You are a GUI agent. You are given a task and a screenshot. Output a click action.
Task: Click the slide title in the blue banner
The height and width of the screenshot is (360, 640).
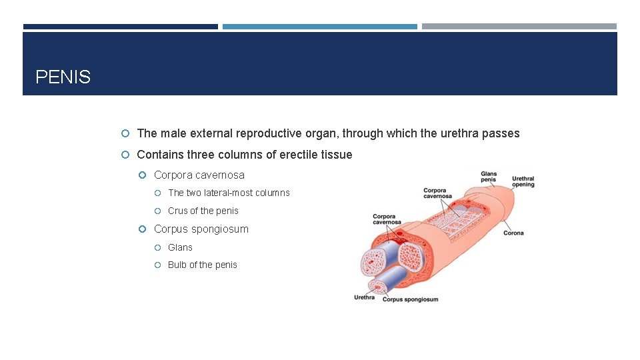coord(63,77)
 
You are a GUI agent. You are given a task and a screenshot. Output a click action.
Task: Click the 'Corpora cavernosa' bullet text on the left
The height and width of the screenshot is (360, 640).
coord(199,175)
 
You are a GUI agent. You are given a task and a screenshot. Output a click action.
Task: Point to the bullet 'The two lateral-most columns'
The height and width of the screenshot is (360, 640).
coord(229,193)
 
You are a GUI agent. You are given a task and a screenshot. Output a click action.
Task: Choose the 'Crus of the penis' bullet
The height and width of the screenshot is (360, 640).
coord(203,211)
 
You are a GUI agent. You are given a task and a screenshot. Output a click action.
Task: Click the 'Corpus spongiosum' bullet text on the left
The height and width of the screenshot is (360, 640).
coord(201,229)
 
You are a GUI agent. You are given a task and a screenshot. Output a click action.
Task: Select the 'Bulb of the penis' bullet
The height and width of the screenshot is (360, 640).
coord(202,265)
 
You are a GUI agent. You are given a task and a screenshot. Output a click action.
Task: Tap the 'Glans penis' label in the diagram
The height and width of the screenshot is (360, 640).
coord(489,177)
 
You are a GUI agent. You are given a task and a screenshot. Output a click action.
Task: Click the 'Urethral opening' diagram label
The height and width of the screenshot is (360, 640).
coord(523,181)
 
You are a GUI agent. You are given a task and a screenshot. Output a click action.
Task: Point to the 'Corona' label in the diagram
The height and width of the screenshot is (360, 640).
coord(513,233)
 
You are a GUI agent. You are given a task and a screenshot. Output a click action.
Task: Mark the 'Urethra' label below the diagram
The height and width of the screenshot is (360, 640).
coord(364,297)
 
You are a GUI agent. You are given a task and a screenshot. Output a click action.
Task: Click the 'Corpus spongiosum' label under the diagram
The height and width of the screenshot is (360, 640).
coord(410,299)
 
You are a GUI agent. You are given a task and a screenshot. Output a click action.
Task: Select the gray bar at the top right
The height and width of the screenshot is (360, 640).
coord(519,27)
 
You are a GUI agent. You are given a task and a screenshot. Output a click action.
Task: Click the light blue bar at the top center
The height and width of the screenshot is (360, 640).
coord(319,27)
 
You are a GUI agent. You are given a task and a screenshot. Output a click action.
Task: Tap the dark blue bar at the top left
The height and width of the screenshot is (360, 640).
coord(120,27)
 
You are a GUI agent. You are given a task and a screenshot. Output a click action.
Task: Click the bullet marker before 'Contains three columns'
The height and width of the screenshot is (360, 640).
coord(127,155)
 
